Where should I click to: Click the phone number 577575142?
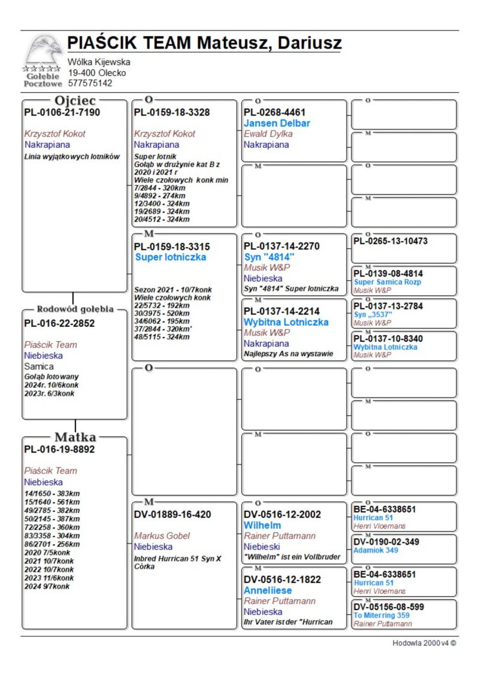90,83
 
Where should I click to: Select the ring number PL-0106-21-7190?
62,113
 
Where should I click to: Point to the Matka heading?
75,437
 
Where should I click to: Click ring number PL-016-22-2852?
59,323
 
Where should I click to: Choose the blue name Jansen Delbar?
277,123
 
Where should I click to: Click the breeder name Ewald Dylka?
268,134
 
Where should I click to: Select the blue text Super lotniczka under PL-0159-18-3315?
171,257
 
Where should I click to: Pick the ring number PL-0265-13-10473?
390,241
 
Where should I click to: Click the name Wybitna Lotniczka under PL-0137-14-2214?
286,322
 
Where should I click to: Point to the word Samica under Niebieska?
39,366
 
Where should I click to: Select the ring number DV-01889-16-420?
172,514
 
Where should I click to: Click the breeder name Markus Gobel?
162,536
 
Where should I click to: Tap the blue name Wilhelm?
262,525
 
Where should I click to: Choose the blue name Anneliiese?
267,590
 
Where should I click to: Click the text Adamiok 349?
375,550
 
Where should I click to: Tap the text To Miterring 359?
381,615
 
